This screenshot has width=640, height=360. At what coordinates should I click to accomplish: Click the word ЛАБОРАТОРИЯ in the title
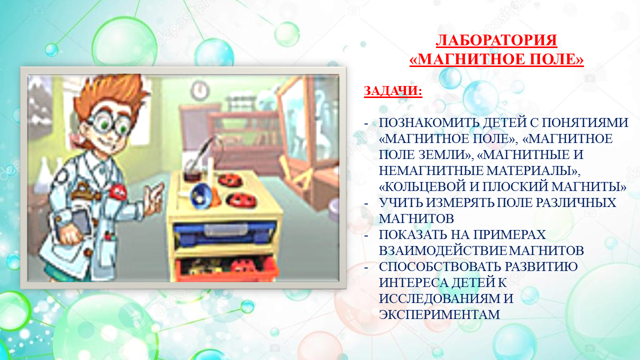(x=496, y=40)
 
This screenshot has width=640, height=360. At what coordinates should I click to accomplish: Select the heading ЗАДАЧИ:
(x=393, y=91)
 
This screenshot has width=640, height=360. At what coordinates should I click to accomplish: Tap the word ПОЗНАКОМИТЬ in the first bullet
(x=429, y=122)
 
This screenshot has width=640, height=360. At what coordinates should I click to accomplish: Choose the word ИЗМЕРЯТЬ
(x=459, y=202)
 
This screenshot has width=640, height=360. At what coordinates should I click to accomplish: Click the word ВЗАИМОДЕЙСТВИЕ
(x=443, y=250)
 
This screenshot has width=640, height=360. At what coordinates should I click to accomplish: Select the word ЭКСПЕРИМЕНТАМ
(x=439, y=314)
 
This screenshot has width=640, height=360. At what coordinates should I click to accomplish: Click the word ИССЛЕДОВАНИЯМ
(x=438, y=298)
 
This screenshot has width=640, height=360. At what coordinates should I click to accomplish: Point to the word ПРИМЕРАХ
(x=509, y=234)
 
